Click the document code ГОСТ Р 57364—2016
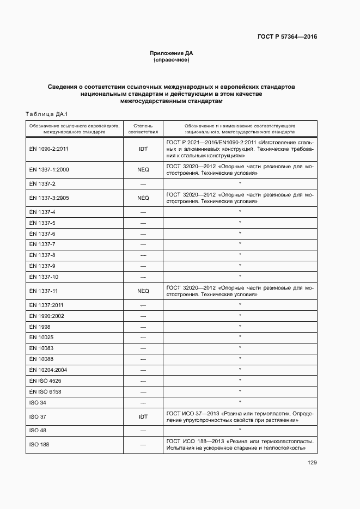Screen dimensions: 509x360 tap(286, 37)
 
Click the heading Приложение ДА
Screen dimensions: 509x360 tap(172, 53)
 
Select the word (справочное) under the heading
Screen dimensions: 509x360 tap(172, 60)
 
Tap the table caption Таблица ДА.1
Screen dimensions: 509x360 tap(46, 114)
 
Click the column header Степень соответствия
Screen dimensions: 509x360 tap(143, 128)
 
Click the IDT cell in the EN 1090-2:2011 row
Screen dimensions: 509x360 tap(143, 148)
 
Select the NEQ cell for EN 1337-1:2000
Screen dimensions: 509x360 tap(143, 170)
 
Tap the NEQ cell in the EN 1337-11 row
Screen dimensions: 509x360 tap(143, 291)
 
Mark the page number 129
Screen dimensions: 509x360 tap(312, 463)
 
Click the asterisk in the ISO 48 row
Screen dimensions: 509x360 tap(240, 430)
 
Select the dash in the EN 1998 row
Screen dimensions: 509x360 tap(143, 327)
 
